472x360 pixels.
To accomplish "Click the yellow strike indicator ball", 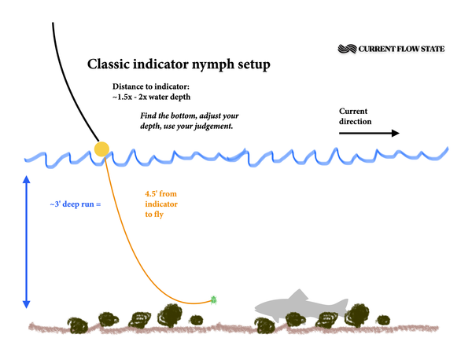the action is click(101, 149).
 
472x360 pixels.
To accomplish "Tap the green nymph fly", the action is click(214, 299).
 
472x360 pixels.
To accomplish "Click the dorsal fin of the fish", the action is click(298, 295).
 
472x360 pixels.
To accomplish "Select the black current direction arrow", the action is click(369, 133).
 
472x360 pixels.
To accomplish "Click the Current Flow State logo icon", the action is click(347, 49).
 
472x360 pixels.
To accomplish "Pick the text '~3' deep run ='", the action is click(76, 204).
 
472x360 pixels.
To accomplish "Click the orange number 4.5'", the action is click(152, 193).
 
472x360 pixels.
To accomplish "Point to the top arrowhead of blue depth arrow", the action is click(27, 179).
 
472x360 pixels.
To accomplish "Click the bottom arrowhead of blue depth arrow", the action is click(27, 304).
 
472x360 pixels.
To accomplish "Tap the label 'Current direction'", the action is click(356, 116).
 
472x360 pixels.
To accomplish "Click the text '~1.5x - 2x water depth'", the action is click(151, 97).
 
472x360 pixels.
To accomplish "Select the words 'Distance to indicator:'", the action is click(151, 86).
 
